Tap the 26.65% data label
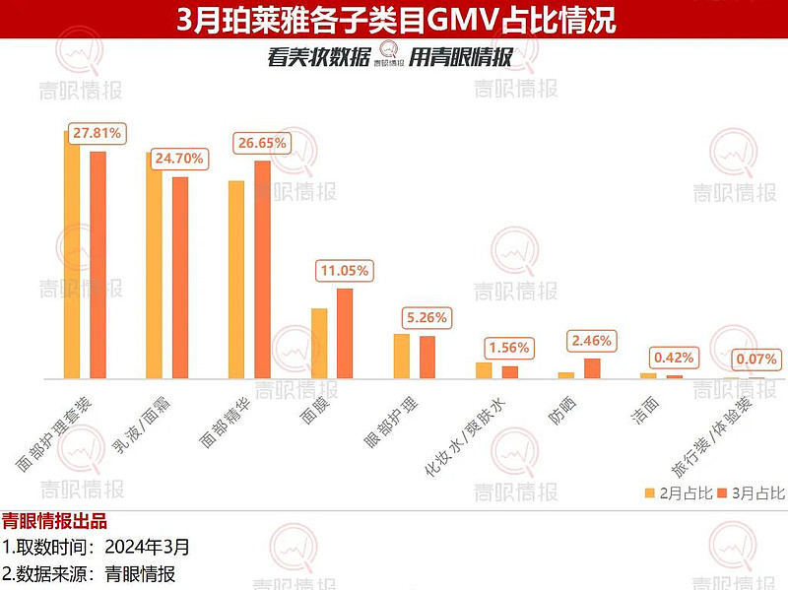pos(261,143)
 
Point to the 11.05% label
pos(344,270)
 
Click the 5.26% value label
pos(427,318)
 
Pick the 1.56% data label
pos(508,348)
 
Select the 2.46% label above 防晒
pos(591,341)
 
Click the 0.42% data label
pos(674,358)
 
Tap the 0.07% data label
pos(756,359)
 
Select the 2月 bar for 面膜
pos(319,343)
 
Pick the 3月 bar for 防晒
pos(592,368)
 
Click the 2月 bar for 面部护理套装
pos(72,256)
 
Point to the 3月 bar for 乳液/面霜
pos(180,277)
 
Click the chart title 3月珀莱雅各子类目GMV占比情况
pos(394,19)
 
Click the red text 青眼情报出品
pos(54,521)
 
